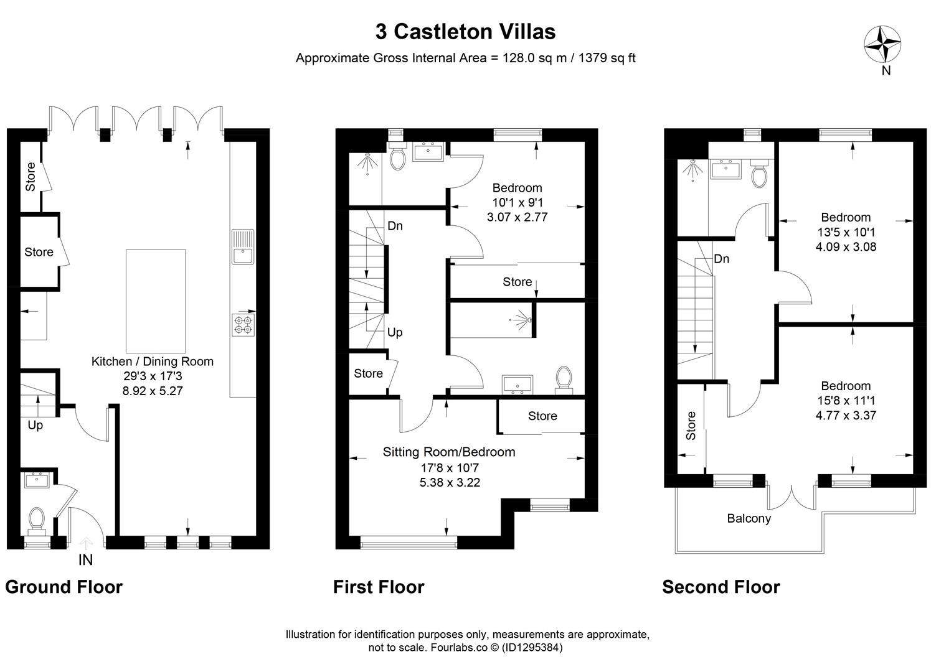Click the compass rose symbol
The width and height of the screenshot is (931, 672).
(x=882, y=44)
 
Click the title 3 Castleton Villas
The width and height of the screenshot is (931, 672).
(x=465, y=32)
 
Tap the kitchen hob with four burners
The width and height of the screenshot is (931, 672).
(x=243, y=325)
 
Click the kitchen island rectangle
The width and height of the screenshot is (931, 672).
(x=156, y=301)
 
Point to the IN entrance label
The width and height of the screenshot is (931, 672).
(x=85, y=560)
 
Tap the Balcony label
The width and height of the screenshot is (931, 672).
(x=749, y=518)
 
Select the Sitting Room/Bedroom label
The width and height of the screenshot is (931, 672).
(x=449, y=452)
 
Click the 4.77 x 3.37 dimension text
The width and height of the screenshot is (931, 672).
(x=846, y=415)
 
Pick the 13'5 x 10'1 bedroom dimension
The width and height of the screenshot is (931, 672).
(x=846, y=231)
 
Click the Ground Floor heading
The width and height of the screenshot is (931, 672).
(x=64, y=587)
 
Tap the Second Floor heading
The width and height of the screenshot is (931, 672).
(x=721, y=587)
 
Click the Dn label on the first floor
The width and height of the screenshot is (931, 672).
(x=395, y=226)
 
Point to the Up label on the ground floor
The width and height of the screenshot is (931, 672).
(x=35, y=426)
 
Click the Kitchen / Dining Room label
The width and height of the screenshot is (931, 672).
(x=153, y=362)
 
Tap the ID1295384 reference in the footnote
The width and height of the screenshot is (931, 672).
(x=532, y=647)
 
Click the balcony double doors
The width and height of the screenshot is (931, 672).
(x=792, y=497)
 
